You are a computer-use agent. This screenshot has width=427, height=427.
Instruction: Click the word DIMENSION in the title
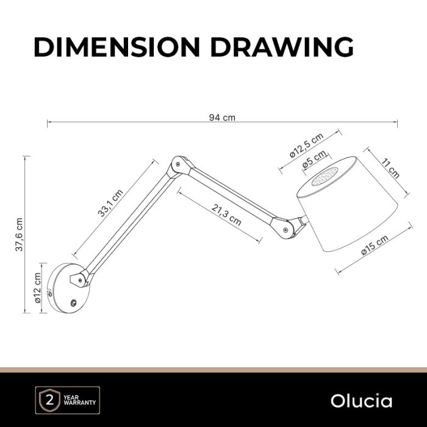117,46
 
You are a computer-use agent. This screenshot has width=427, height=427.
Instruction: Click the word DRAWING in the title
282,46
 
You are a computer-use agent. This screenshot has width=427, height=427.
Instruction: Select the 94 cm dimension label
222,118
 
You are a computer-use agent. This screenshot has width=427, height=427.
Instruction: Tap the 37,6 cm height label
20,234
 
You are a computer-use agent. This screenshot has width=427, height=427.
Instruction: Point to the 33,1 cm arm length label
110,203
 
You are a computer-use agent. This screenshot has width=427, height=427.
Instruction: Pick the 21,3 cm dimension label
226,215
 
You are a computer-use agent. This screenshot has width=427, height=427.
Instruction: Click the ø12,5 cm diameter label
306,145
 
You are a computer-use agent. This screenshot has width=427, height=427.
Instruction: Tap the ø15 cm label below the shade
375,245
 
